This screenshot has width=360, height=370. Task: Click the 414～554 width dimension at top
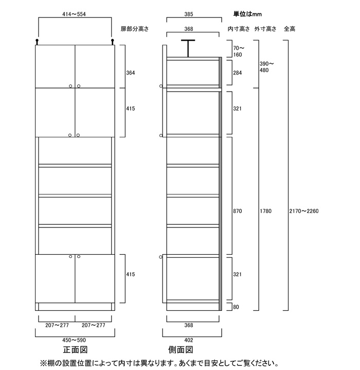click(x=74, y=14)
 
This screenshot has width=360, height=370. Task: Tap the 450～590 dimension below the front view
click(x=74, y=340)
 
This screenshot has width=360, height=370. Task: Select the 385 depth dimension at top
click(x=189, y=14)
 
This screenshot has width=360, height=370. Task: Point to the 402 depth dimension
click(x=189, y=340)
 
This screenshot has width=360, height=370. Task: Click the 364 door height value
click(x=131, y=73)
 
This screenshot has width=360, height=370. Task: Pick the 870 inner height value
click(x=238, y=211)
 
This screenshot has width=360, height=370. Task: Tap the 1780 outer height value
click(x=266, y=211)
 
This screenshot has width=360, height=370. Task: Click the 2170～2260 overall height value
click(x=304, y=211)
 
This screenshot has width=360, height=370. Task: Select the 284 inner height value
click(x=238, y=73)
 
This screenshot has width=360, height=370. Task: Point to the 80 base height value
click(x=236, y=307)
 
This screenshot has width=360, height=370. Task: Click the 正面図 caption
click(x=75, y=350)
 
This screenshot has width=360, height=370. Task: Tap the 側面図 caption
click(x=181, y=350)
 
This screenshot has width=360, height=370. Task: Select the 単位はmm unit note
click(x=247, y=14)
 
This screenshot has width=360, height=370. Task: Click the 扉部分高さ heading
click(x=135, y=29)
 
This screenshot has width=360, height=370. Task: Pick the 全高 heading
click(x=290, y=29)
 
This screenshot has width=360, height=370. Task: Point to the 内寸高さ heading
click(x=239, y=29)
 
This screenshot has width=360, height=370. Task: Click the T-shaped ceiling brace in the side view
click(x=188, y=48)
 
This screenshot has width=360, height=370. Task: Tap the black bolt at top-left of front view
click(x=37, y=42)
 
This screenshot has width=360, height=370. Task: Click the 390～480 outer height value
click(x=266, y=67)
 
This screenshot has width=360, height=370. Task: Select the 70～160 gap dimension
click(x=239, y=51)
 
